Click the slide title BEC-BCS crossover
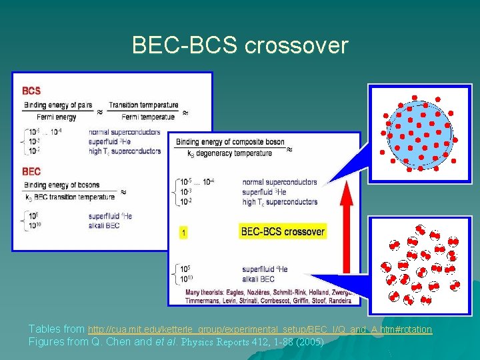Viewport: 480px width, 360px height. [240, 45]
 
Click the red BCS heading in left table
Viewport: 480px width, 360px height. [31, 91]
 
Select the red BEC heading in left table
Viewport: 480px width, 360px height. [31, 171]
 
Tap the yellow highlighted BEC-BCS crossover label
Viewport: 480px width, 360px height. [283, 232]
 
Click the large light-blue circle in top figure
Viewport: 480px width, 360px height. [420, 133]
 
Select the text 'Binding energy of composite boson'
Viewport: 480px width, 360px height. [230, 142]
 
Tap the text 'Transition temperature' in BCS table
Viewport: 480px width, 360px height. [143, 105]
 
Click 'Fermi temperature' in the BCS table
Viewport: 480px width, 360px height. [140, 117]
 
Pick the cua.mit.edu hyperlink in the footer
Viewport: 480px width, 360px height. [260, 329]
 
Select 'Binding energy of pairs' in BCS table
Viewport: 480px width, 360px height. [59, 105]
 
